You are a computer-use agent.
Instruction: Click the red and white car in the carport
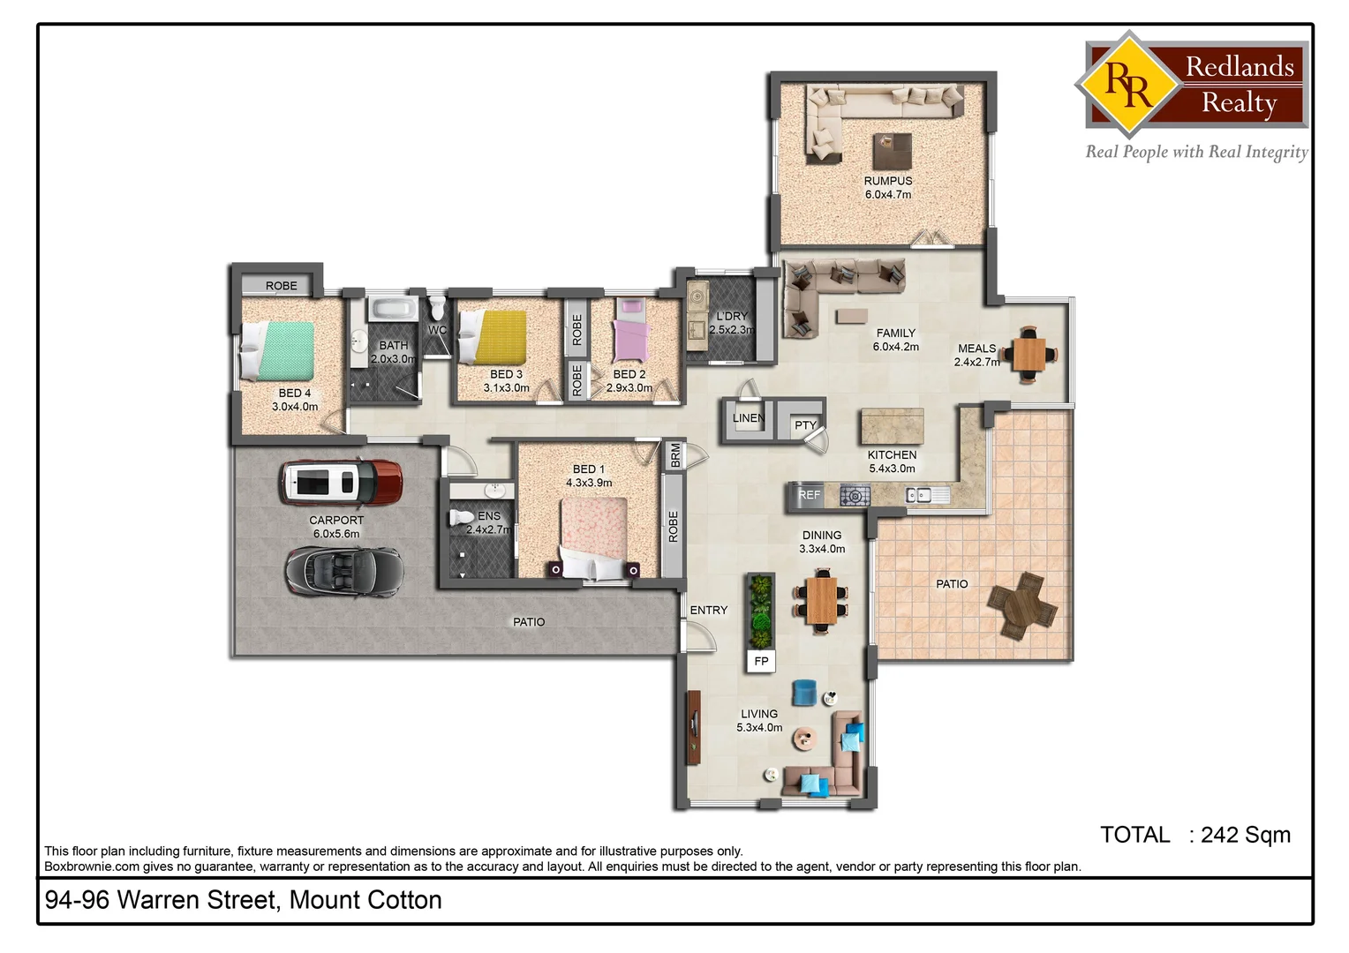coord(341,482)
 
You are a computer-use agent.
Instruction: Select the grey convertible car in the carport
coord(343,570)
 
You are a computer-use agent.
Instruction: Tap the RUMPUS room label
coord(888,181)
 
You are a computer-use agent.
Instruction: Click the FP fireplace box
coord(761,661)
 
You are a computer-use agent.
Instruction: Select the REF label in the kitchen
coord(809,495)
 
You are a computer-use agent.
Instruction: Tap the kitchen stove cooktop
coord(855,496)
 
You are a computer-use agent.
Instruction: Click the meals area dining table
coord(1029,355)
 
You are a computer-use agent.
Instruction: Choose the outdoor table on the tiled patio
coord(1022,605)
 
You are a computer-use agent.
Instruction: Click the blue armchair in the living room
coord(804,693)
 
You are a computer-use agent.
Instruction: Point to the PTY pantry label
coord(805,425)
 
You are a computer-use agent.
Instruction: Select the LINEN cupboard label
coord(748,418)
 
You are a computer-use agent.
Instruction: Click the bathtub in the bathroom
coord(392,309)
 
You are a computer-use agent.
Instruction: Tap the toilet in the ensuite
coord(462,518)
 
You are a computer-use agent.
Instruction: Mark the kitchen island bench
coord(892,426)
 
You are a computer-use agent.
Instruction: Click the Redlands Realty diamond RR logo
coord(1128,85)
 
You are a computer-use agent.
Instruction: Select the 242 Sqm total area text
coord(1245,835)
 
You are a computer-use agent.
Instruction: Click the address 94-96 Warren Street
coord(243,900)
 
